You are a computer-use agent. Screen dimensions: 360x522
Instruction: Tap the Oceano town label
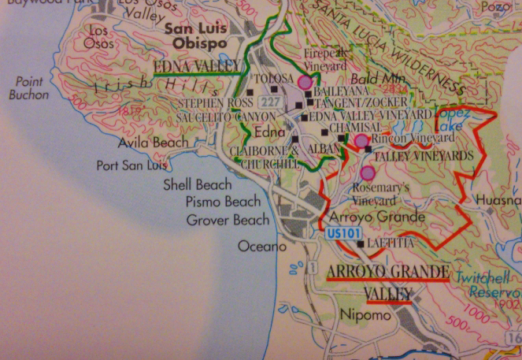261,247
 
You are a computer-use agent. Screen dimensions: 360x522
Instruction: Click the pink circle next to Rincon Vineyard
361,141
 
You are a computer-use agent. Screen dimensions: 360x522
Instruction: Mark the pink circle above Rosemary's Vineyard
367,173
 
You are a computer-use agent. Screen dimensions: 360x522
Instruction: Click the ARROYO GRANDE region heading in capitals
387,273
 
